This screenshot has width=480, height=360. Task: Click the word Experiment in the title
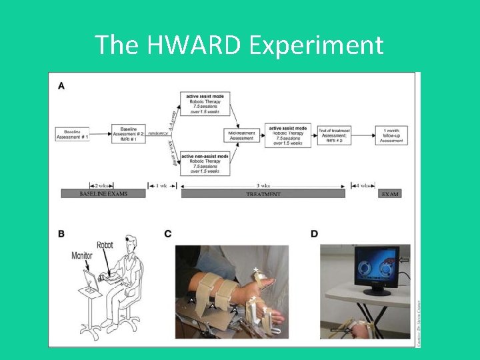(x=317, y=45)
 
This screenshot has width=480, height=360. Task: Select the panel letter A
(x=62, y=85)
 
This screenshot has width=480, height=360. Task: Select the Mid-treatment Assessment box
(x=242, y=135)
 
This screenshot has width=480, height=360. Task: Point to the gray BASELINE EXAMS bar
(x=103, y=194)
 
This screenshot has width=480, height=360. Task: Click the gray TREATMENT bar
(x=263, y=194)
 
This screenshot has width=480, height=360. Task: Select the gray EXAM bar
(x=391, y=194)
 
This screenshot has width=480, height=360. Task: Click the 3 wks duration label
(x=265, y=185)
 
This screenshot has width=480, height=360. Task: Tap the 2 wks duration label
(x=103, y=185)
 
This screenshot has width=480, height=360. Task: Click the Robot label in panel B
(x=105, y=245)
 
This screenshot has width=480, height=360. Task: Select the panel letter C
(x=168, y=233)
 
